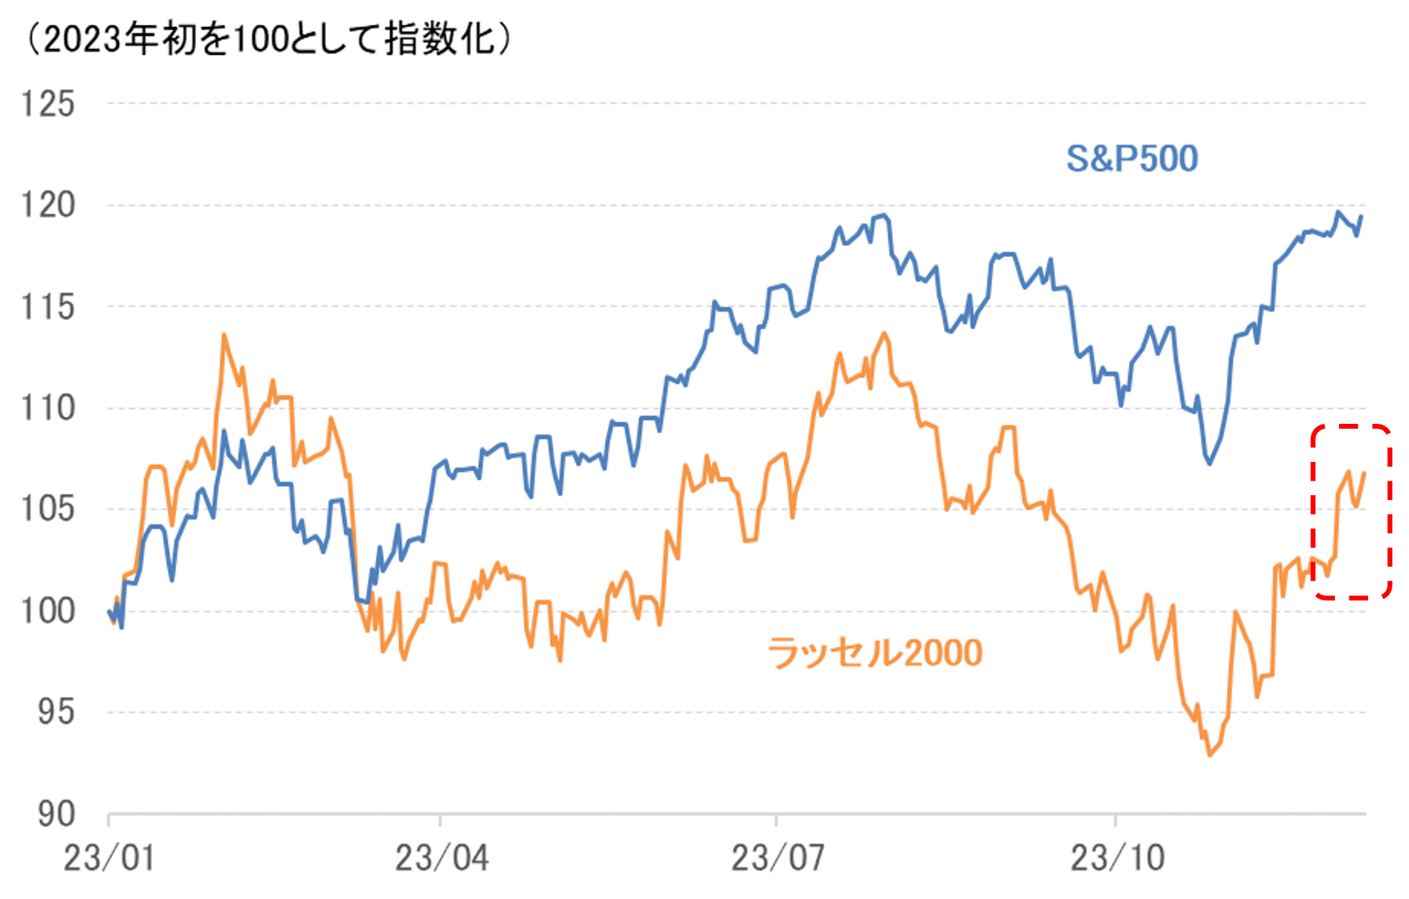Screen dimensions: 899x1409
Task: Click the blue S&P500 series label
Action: (1131, 159)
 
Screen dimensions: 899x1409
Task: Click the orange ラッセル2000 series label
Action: (875, 652)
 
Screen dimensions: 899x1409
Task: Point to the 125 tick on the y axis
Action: (48, 104)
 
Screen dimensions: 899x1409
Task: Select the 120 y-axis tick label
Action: (48, 205)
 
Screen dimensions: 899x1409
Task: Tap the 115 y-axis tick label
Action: (48, 307)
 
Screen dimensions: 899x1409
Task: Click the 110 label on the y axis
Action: (48, 408)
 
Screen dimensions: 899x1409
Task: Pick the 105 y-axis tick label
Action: (48, 509)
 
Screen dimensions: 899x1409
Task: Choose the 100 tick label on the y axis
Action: (48, 611)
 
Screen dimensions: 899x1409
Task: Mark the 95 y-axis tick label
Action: (55, 712)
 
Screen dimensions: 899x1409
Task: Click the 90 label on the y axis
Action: (55, 814)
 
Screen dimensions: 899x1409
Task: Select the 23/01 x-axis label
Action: (109, 858)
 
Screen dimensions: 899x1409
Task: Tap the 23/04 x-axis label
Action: (441, 858)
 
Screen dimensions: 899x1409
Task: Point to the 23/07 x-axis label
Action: (777, 858)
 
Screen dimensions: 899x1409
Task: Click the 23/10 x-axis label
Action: (1117, 858)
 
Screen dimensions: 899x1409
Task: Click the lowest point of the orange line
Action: (1209, 754)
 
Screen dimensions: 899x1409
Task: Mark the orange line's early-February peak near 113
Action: (224, 335)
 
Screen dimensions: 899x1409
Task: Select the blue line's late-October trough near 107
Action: (1209, 463)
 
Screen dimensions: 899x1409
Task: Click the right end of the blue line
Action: (1361, 217)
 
